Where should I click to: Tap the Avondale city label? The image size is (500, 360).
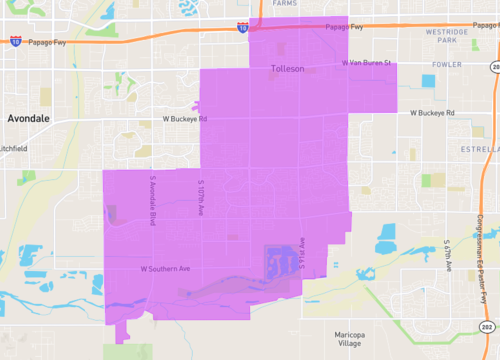28,118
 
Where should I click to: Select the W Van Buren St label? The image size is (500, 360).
365,63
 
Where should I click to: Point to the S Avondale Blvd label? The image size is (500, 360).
153,201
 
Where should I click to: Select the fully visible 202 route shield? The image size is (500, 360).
488,329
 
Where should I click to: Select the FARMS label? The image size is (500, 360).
285,4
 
